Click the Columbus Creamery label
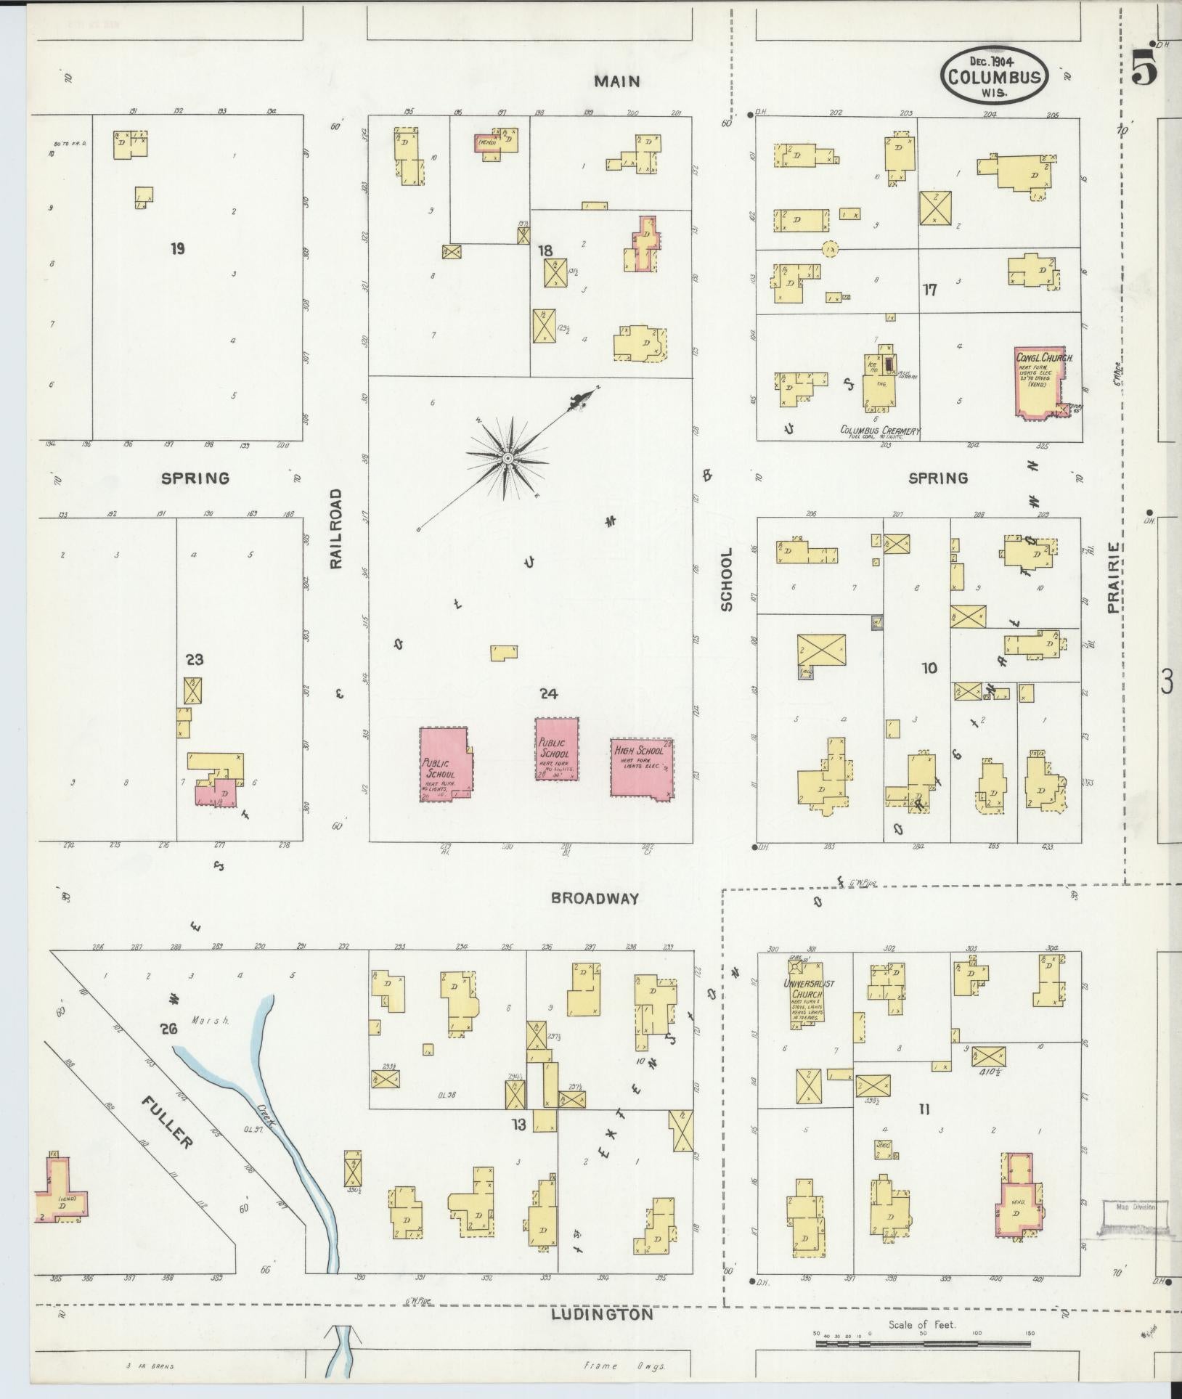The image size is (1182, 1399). [879, 431]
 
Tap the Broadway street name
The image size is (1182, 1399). [595, 898]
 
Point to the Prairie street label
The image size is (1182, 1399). [1114, 578]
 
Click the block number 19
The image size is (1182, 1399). [177, 249]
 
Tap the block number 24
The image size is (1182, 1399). [548, 694]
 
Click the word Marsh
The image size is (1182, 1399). [211, 1019]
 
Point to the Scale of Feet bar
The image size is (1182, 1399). [922, 1344]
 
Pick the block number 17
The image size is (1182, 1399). [929, 290]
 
